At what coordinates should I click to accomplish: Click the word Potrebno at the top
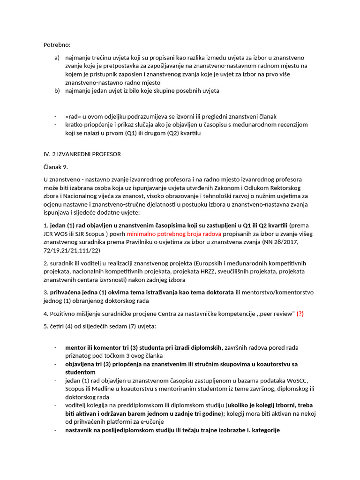(56, 45)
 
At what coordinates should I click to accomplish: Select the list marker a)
(57, 58)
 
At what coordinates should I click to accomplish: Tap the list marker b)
(57, 90)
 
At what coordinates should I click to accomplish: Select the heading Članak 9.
(56, 166)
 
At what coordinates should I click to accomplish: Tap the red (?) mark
(300, 314)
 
